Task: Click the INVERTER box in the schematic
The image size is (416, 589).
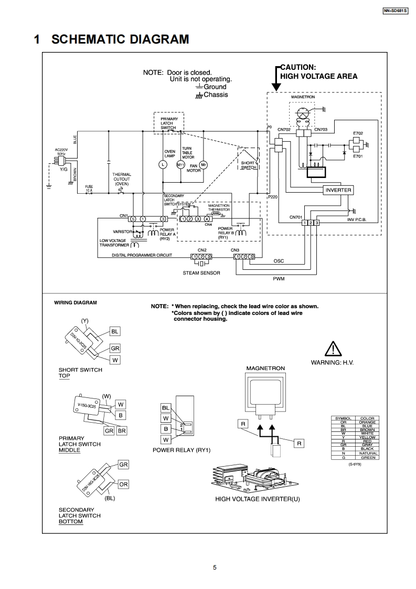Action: pos(338,190)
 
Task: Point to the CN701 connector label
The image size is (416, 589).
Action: pos(296,217)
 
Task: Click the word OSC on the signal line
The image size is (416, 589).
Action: pos(279,261)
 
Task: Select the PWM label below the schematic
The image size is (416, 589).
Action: pos(278,279)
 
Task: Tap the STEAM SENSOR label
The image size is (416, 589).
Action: pos(201,273)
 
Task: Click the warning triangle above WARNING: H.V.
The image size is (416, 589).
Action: pos(333,349)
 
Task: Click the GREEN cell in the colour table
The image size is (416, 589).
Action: pos(367,458)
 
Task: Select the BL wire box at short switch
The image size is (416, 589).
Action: pos(115,331)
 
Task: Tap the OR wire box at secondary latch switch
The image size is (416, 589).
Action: pos(123,484)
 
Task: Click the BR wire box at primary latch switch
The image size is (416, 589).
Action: pos(122,430)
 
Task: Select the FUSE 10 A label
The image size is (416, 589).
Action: pos(89,187)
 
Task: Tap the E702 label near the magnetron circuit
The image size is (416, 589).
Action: pos(358,134)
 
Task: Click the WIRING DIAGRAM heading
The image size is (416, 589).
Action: pos(76,303)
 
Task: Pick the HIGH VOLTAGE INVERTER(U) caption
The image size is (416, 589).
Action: pos(258,499)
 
